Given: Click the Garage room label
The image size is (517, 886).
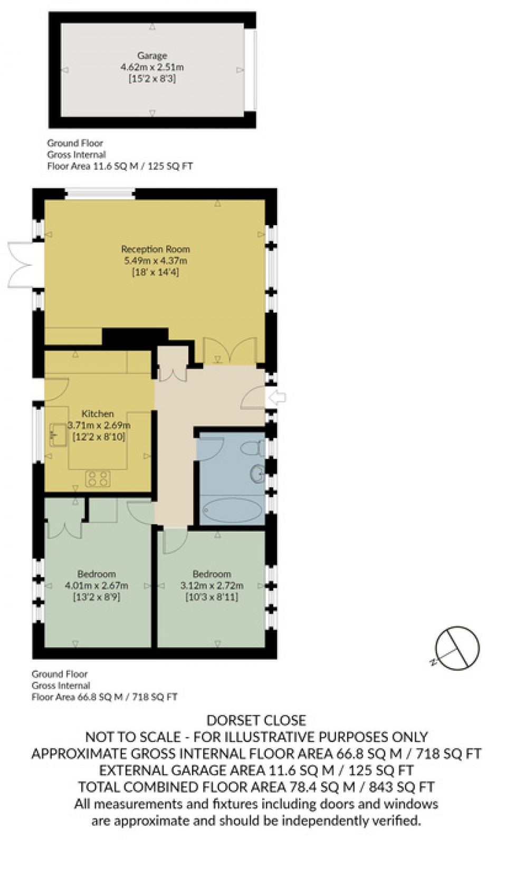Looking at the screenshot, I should pos(152,55).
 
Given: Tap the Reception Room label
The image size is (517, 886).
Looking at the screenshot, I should pos(155,249).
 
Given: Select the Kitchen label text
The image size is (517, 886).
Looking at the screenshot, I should pos(98,414).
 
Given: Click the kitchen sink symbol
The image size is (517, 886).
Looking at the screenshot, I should pos(58,435).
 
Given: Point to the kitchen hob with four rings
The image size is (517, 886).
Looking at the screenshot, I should pos(98,478).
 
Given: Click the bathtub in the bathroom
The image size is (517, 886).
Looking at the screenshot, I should pos(232,510).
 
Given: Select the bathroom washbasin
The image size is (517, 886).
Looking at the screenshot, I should pos(257,474).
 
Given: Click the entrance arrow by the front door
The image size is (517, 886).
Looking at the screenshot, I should pos(277,397).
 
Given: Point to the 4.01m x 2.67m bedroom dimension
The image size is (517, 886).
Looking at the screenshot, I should pos(97,585).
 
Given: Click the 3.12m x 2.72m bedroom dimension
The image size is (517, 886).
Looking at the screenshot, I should pos(212,585).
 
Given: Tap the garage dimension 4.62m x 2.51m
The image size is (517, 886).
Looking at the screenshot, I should pos(152,67).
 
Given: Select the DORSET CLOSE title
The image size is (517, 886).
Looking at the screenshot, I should pos(256,720).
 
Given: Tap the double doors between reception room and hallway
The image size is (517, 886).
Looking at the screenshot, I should pos(229,351).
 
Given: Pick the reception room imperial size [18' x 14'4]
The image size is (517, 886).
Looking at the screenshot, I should pos(155,273).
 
